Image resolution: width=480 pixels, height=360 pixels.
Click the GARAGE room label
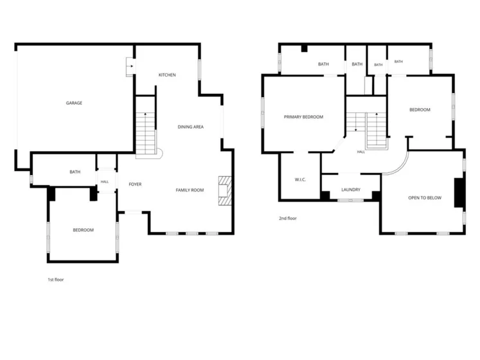74,103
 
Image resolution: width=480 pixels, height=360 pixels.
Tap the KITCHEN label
167,75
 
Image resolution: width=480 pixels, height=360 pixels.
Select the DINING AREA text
190,127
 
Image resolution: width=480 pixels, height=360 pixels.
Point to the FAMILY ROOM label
190,190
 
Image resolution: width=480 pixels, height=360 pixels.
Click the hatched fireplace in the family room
225,190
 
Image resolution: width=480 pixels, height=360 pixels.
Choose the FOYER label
135,184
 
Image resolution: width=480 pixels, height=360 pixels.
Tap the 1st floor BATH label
75,172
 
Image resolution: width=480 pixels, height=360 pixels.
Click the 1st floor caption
56,280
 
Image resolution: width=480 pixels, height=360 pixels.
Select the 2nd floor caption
288,218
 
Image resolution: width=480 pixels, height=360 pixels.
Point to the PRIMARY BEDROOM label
303,117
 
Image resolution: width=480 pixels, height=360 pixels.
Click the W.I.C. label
300,179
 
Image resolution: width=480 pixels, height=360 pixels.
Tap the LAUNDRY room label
351,190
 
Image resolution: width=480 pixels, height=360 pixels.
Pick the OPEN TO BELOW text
425,198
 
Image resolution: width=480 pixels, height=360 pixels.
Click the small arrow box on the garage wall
130,66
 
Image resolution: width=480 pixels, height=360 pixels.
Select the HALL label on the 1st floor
105,182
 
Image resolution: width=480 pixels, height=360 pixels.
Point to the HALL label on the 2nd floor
361,152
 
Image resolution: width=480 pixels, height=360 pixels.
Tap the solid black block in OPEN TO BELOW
459,193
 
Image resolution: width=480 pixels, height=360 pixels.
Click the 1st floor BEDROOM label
84,230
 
